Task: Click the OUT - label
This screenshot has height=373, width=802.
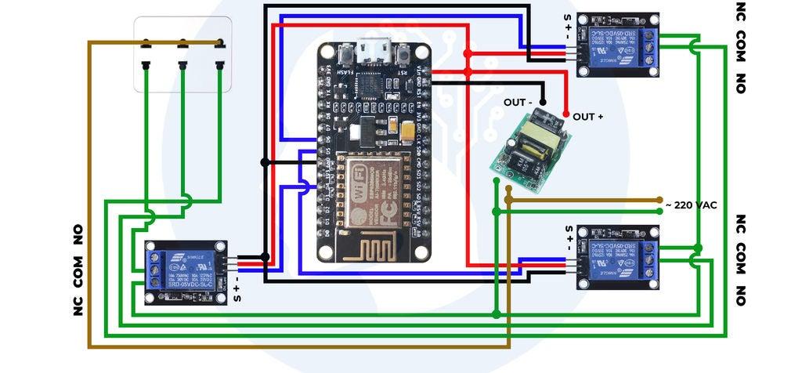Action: (518, 102)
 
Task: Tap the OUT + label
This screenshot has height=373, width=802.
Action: (588, 117)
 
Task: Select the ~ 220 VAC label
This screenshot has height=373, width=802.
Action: (692, 205)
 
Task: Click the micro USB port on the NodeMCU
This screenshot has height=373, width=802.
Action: (375, 53)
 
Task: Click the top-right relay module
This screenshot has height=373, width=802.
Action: (618, 45)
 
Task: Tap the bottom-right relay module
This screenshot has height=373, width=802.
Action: (618, 258)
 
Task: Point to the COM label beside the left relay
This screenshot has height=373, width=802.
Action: (78, 270)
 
